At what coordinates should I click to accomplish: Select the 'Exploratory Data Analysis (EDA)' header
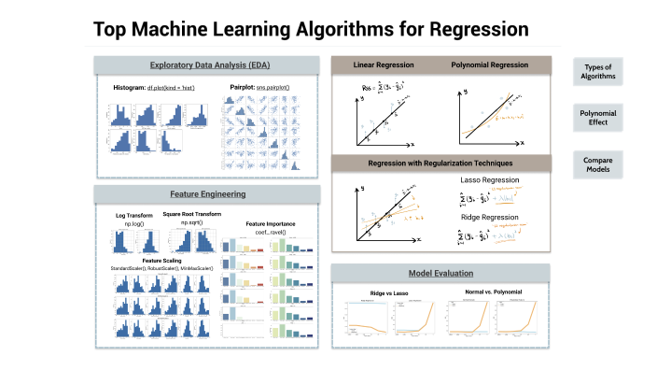(x=207, y=65)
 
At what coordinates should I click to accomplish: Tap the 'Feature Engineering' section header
(x=207, y=194)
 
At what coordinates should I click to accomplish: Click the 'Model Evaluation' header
(x=444, y=273)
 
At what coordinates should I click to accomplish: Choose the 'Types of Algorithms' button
(x=598, y=72)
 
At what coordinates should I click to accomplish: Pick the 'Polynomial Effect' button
(x=598, y=117)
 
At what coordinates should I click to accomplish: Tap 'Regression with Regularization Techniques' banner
(x=444, y=164)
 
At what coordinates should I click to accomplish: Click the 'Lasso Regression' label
(x=489, y=179)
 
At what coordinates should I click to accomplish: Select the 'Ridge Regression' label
(x=489, y=217)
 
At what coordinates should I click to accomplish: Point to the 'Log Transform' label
(x=133, y=217)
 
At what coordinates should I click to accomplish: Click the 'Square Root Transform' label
(x=191, y=214)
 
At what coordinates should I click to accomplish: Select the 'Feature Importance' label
(x=270, y=223)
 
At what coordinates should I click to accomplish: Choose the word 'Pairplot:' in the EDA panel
(x=245, y=87)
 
